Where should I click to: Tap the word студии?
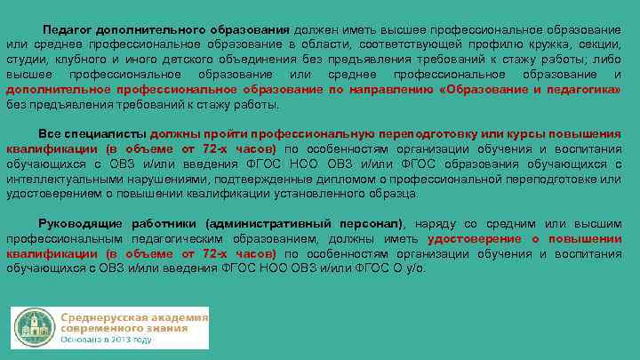point(25,59)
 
